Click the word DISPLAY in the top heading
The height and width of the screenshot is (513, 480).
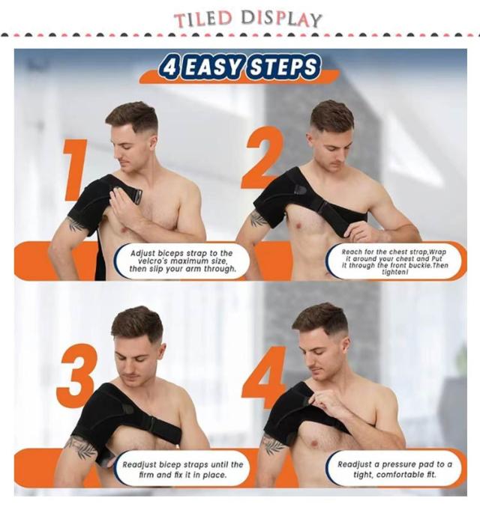pyautogui.click(x=281, y=19)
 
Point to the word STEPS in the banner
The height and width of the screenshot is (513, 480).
pyautogui.click(x=283, y=67)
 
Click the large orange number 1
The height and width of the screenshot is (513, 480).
pyautogui.click(x=75, y=170)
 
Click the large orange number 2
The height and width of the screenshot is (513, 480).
pyautogui.click(x=262, y=158)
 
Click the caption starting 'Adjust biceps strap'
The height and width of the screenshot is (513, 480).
pyautogui.click(x=181, y=261)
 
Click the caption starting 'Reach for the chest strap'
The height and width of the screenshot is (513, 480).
pyautogui.click(x=394, y=262)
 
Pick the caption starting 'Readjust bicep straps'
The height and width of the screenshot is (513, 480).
pyautogui.click(x=182, y=470)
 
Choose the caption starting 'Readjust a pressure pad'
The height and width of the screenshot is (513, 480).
pyautogui.click(x=394, y=470)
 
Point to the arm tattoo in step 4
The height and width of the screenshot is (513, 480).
pyautogui.click(x=274, y=443)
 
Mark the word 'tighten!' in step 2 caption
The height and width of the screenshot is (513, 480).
pyautogui.click(x=394, y=272)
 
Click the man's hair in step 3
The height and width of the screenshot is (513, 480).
pyautogui.click(x=138, y=323)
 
